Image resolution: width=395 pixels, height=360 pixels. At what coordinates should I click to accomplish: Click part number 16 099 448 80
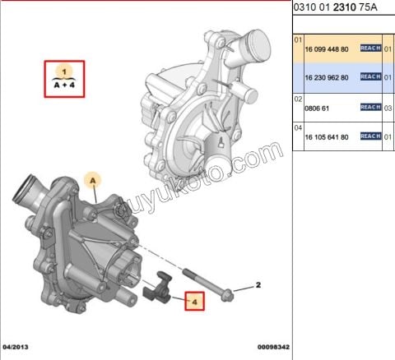327,48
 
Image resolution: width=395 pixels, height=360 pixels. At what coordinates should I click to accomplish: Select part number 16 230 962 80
327,77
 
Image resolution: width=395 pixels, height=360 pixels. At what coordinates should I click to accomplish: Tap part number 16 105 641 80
327,136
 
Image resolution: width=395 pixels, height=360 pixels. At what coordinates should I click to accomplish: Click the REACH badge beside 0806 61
370,107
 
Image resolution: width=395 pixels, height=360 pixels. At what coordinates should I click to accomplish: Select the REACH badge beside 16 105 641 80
370,136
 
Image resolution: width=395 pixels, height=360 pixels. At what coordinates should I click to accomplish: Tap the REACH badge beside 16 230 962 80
370,77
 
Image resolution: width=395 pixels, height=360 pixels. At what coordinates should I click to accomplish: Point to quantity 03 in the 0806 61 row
388,107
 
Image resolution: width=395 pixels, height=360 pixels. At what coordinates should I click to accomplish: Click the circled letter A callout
94,178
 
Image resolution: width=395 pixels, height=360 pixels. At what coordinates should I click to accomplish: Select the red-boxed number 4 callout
194,302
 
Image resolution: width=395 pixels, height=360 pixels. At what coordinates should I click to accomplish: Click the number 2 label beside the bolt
258,284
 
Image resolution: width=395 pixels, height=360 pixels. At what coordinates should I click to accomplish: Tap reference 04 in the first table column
299,127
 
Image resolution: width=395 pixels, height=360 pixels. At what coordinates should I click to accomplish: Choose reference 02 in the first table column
299,98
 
